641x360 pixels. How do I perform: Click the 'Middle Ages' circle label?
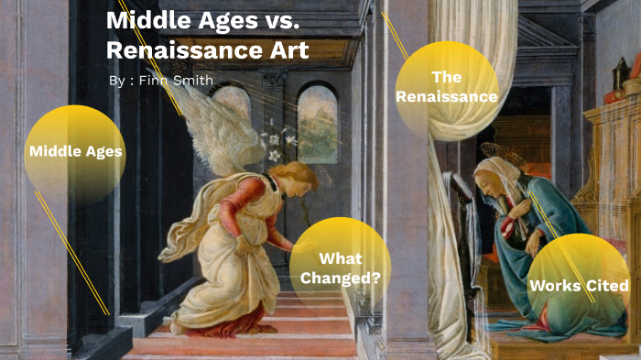click(x=75, y=151)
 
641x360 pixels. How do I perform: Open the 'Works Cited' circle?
click(x=579, y=285)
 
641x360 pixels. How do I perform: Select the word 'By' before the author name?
click(x=116, y=81)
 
